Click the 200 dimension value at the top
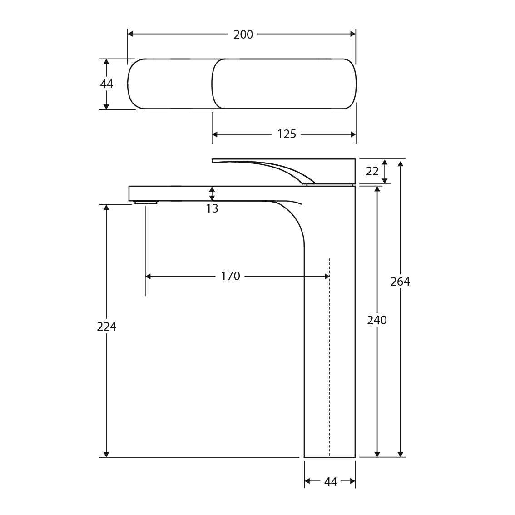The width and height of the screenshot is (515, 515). pyautogui.click(x=243, y=35)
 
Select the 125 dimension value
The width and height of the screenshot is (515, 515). pyautogui.click(x=286, y=134)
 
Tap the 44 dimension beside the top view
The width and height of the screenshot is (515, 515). pyautogui.click(x=106, y=84)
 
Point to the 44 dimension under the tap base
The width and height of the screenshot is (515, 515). pyautogui.click(x=331, y=481)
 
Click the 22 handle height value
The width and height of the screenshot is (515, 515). pyautogui.click(x=372, y=171)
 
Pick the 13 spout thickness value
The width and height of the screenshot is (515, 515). pyautogui.click(x=212, y=208)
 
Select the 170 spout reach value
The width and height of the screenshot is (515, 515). pyautogui.click(x=230, y=276)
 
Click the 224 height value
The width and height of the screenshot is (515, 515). pyautogui.click(x=106, y=326)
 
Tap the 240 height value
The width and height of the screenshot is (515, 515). pyautogui.click(x=376, y=320)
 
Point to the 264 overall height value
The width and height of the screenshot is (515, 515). pyautogui.click(x=400, y=282)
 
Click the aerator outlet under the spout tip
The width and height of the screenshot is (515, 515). pyautogui.click(x=146, y=203)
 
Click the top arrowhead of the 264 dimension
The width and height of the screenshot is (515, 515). pyautogui.click(x=400, y=163)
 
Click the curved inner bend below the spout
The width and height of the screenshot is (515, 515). pyautogui.click(x=295, y=223)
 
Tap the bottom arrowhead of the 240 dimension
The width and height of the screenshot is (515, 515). pyautogui.click(x=377, y=454)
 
